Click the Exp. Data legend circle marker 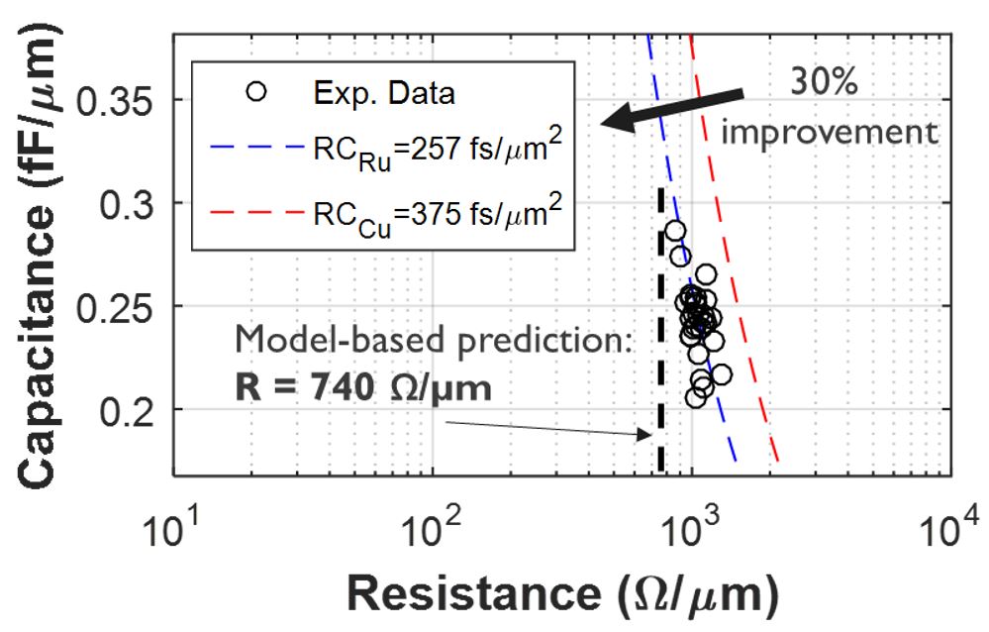click(x=257, y=92)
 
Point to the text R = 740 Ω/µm click(x=363, y=386)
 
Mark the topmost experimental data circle click(x=675, y=231)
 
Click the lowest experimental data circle click(x=696, y=397)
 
